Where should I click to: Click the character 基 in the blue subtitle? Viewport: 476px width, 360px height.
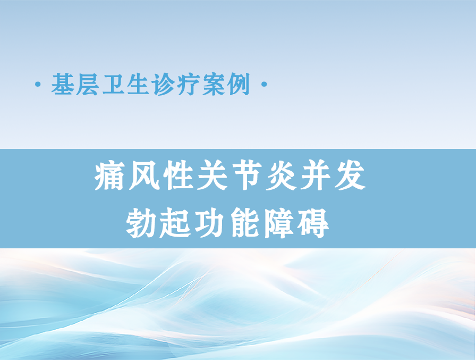click(x=63, y=84)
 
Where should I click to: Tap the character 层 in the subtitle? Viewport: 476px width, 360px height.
click(x=88, y=84)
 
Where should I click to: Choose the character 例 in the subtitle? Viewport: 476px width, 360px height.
click(x=239, y=84)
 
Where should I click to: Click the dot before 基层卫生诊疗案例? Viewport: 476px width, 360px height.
click(x=38, y=84)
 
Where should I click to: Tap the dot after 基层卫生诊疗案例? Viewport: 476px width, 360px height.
click(x=264, y=84)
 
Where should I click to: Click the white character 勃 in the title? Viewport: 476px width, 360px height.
click(x=141, y=223)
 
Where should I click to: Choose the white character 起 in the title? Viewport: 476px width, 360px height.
click(x=176, y=223)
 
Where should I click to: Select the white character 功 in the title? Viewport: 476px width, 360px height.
click(x=210, y=223)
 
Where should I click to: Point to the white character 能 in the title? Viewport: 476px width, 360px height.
click(x=245, y=223)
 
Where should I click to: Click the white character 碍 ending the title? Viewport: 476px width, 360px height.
click(x=313, y=223)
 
